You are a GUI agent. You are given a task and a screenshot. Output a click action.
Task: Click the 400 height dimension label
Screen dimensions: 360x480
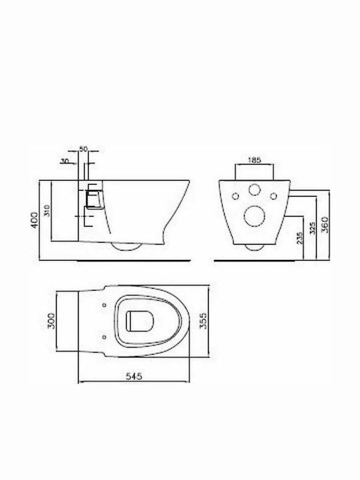tap(35, 219)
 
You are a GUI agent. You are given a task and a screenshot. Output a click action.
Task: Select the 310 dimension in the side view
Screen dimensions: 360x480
tap(47, 210)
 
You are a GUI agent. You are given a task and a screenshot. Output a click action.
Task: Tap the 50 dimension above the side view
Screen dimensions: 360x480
tap(83, 149)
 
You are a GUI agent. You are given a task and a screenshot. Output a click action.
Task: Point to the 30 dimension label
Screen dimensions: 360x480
tap(65, 161)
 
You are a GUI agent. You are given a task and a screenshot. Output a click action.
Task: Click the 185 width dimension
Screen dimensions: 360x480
tap(254, 159)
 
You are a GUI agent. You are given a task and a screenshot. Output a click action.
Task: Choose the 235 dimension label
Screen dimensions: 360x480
tap(299, 237)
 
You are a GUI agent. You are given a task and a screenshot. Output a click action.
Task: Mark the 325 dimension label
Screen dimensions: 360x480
tap(312, 228)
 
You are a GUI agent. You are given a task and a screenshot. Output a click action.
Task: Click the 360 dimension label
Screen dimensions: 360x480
tap(325, 225)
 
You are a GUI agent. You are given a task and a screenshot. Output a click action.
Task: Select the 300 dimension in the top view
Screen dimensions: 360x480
tap(52, 321)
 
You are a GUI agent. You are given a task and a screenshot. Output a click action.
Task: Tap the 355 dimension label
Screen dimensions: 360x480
tap(203, 321)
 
